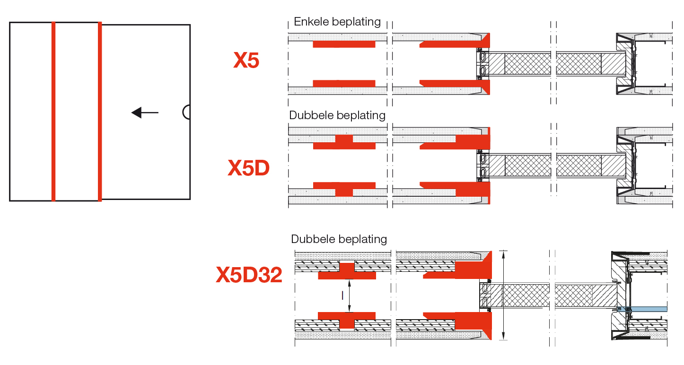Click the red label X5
[x=246, y=60]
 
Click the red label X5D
[x=249, y=168]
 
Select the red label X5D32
[x=249, y=275]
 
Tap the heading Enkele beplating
[x=337, y=22]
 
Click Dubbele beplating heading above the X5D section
[x=337, y=115]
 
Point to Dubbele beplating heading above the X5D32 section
[x=339, y=239]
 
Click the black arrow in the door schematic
[x=145, y=113]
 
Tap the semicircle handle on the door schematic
[x=187, y=112]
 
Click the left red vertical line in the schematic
[x=53, y=111]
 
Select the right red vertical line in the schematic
[x=100, y=111]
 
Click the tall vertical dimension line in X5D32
[x=504, y=295]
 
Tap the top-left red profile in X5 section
[x=344, y=44]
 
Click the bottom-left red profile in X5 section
[x=344, y=83]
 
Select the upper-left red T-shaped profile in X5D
[x=344, y=142]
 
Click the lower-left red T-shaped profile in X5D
[x=344, y=189]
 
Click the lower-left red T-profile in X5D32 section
[x=347, y=319]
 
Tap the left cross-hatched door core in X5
[x=527, y=64]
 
